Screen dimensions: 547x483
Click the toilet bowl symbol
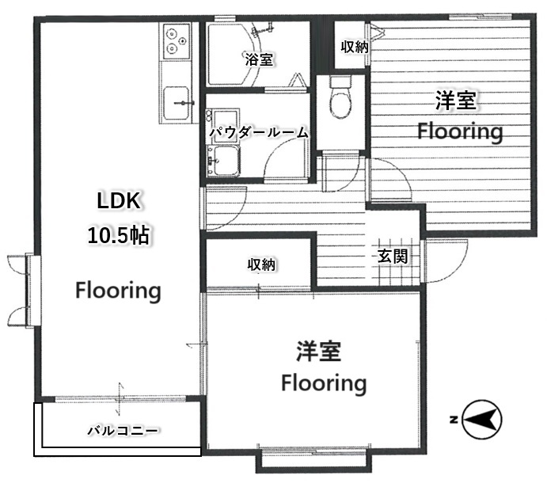[x=341, y=101]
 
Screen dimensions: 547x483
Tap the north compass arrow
[x=482, y=419]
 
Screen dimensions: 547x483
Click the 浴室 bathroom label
[x=259, y=59]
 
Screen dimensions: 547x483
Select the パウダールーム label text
[x=259, y=132]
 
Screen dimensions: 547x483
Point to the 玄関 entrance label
[x=393, y=257]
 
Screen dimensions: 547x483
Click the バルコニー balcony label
[x=123, y=431]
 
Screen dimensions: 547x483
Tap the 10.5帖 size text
[x=119, y=235]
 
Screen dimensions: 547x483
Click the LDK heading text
[x=119, y=201]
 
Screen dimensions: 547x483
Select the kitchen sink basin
[x=177, y=103]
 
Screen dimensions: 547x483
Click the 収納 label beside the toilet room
[x=355, y=47]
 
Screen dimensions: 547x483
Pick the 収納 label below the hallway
[x=262, y=265]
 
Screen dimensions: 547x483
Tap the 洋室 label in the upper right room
[x=456, y=100]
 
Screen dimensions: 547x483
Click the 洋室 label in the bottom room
[x=318, y=351]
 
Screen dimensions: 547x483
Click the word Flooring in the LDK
[x=118, y=291]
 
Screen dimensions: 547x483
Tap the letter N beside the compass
[x=454, y=420]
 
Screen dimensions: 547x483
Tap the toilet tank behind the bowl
[x=341, y=82]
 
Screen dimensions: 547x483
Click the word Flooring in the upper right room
[x=460, y=132]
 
